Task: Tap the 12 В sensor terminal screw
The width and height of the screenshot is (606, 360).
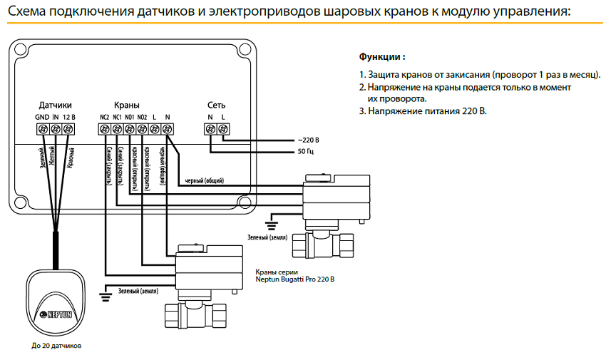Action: [x=68, y=129]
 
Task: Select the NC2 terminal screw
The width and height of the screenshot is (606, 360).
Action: [x=105, y=129]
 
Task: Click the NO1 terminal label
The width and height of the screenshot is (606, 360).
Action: [x=130, y=117]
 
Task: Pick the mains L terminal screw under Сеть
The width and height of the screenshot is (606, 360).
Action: [x=223, y=129]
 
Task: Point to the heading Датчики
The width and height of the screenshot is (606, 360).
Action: [x=55, y=105]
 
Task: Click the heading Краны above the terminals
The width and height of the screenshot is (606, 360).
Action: [x=126, y=105]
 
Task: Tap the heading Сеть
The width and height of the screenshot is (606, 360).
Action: [x=216, y=105]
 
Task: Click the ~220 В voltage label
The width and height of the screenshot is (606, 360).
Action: [x=308, y=140]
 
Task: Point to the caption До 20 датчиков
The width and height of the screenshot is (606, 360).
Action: [x=56, y=346]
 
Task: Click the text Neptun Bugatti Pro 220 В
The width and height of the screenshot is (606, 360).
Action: [x=294, y=279]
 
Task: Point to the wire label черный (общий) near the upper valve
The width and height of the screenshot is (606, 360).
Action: [x=207, y=180]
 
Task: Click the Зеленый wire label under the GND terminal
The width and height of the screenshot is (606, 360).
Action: [x=42, y=158]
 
